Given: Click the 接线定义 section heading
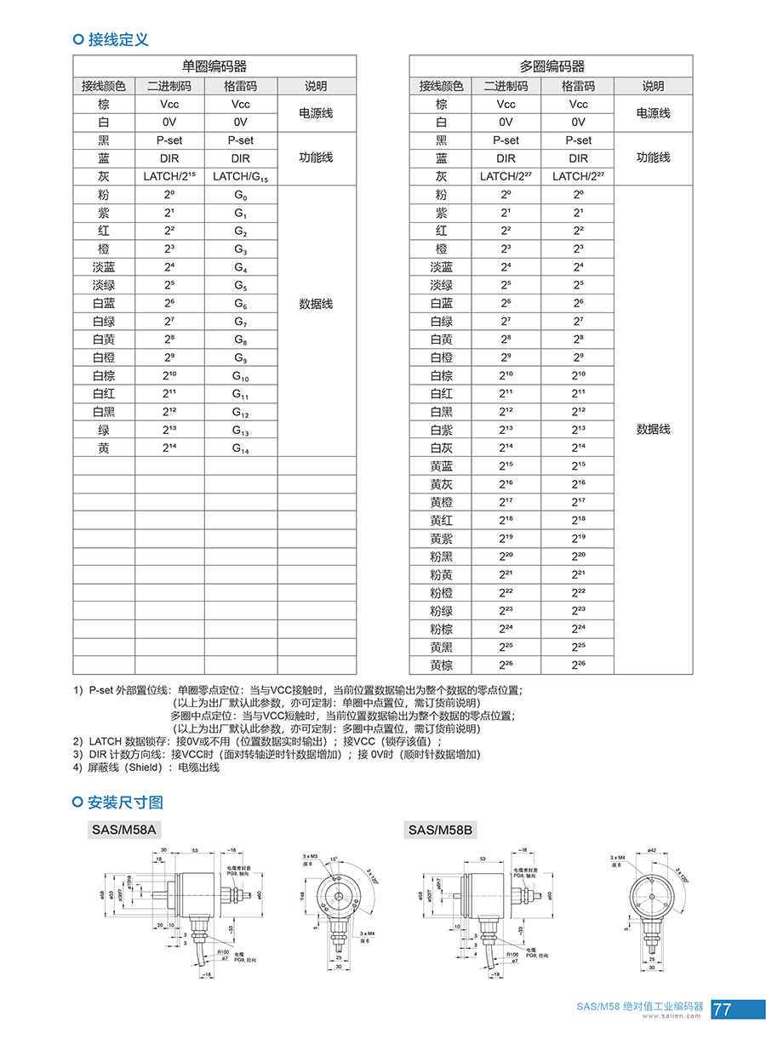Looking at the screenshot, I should click(x=118, y=39).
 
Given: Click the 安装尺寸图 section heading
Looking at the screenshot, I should click(x=125, y=802).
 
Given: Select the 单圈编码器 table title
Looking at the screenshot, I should click(x=214, y=66).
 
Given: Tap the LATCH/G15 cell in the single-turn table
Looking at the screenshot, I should click(x=241, y=176).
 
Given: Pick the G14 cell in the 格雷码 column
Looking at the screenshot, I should click(x=241, y=448).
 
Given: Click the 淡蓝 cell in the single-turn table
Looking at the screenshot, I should click(x=104, y=267).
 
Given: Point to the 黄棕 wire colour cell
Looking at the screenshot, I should click(x=441, y=665).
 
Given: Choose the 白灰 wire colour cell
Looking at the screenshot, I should click(x=441, y=448).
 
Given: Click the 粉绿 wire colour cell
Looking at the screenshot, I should click(x=441, y=611).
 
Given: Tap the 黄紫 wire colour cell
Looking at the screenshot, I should click(x=441, y=539).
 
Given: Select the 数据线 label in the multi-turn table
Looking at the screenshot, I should click(x=653, y=430).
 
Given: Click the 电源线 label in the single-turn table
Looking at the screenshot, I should click(x=316, y=113).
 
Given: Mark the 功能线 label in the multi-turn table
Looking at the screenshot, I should click(x=653, y=158).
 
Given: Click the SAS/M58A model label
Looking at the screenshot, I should click(x=124, y=830).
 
